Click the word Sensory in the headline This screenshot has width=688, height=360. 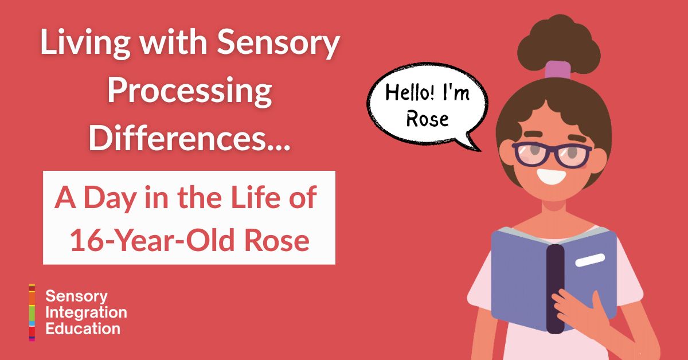pyautogui.click(x=278, y=43)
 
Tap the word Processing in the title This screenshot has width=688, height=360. pyautogui.click(x=190, y=91)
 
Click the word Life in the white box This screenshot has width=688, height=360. pyautogui.click(x=256, y=198)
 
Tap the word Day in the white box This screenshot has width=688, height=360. pyautogui.click(x=110, y=199)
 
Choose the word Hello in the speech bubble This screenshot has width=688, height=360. pyautogui.click(x=410, y=92)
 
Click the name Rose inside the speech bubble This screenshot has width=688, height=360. pyautogui.click(x=427, y=119)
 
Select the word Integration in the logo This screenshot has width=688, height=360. pyautogui.click(x=87, y=312)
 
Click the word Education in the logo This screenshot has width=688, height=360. pyautogui.click(x=83, y=329)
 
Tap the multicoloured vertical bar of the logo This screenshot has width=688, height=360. pyautogui.click(x=32, y=312)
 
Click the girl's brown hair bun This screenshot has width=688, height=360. pyautogui.click(x=558, y=45)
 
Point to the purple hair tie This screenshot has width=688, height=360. pyautogui.click(x=558, y=70)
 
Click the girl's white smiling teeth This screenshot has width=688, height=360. pyautogui.click(x=552, y=177)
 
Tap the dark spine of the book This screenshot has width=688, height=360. pyautogui.click(x=556, y=289)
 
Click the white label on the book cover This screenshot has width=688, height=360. pyautogui.click(x=590, y=260)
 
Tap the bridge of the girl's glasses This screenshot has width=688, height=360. pyautogui.click(x=552, y=151)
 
